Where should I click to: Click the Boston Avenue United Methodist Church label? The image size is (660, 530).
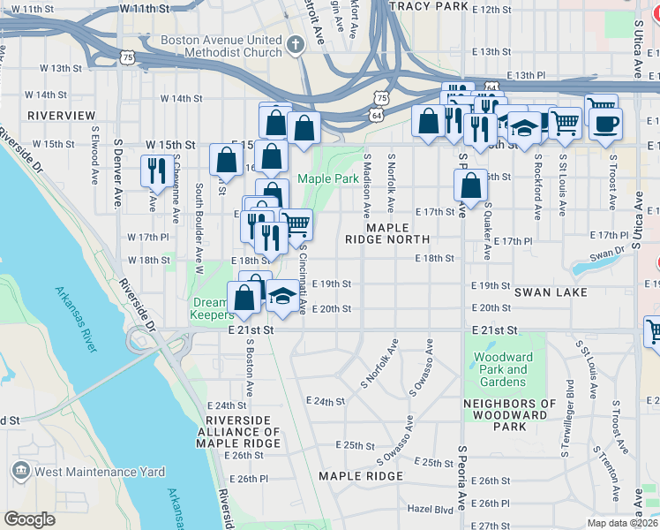[x=221, y=47]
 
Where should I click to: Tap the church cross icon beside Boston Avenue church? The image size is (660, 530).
[x=296, y=42]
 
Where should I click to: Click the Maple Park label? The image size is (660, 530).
[x=327, y=178]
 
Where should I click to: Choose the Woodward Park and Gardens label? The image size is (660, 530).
[x=504, y=369]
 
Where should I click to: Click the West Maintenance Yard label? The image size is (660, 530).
[x=99, y=472]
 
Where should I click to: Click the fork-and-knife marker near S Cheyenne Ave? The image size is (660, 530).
[x=156, y=170]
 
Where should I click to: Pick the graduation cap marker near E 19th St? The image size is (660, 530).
[x=283, y=296]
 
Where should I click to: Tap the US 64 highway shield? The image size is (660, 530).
[x=377, y=115]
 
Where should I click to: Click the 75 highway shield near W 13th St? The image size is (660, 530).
[x=129, y=57]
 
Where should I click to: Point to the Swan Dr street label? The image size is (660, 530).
[x=606, y=253]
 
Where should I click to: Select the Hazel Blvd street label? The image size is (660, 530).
[x=430, y=510]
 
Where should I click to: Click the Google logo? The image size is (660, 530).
[x=29, y=519]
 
